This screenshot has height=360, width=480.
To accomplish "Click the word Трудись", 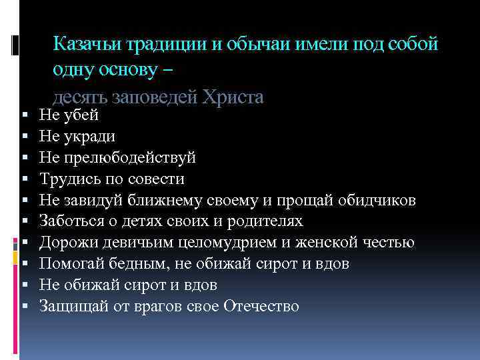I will click(x=66, y=179).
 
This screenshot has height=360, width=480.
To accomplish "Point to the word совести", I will click(x=155, y=179).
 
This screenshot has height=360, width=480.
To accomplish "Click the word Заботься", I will click(x=70, y=221).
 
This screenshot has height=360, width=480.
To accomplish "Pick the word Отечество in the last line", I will click(x=262, y=307).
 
